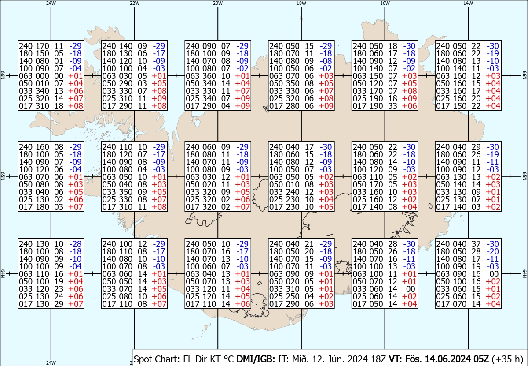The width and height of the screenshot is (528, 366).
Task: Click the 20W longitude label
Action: (218, 3)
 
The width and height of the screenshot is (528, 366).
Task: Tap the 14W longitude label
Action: (468, 3)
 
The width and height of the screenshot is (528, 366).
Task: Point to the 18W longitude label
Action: (301, 3)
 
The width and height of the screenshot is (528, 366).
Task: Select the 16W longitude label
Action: (385, 3)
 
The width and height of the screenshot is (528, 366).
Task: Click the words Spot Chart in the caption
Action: (157, 359)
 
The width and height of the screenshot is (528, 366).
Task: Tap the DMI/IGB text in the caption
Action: (256, 359)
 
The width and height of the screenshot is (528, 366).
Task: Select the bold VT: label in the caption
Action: (396, 359)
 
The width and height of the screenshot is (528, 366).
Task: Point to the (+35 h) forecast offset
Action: (507, 359)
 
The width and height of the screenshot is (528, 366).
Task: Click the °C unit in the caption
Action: (228, 359)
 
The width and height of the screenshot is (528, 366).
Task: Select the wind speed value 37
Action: (476, 244)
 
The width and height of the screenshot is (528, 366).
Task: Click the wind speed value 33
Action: (392, 106)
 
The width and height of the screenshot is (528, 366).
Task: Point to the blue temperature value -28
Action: (75, 244)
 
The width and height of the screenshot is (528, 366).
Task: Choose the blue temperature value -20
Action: (493, 252)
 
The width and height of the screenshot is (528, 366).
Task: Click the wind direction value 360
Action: (209, 76)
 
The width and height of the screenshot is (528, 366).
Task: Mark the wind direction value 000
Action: (42, 76)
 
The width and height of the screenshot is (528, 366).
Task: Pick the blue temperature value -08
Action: (326, 61)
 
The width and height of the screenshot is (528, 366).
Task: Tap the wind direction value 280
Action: (293, 106)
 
